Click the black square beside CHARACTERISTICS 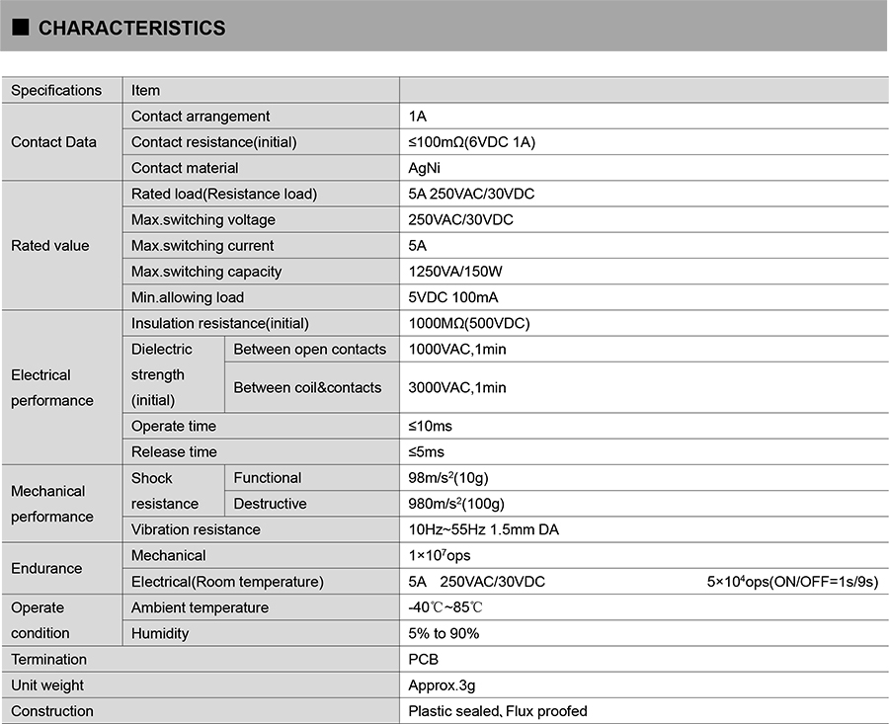tap(20, 29)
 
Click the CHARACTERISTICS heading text tap(131, 29)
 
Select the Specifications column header tap(56, 90)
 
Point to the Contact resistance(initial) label tap(213, 142)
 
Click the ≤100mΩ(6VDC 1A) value tap(471, 142)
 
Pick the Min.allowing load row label tap(188, 297)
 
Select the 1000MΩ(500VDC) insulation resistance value tap(467, 323)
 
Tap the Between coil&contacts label tap(307, 387)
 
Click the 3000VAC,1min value tap(456, 387)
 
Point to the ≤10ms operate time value tap(431, 426)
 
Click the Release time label tap(174, 451)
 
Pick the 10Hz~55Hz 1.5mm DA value tap(483, 529)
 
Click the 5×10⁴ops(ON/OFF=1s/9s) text tap(791, 582)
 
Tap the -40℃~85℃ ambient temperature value tap(445, 607)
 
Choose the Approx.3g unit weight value tap(442, 684)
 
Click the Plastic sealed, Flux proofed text tap(497, 711)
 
